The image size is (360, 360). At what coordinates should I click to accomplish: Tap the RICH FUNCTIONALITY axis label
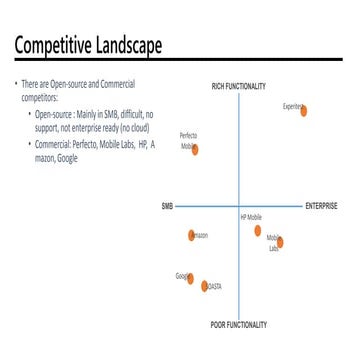[x=239, y=85]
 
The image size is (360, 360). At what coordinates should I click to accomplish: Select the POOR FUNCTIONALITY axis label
[x=239, y=325]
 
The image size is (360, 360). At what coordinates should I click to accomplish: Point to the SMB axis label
[x=167, y=207]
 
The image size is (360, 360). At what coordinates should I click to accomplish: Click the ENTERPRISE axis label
[x=321, y=207]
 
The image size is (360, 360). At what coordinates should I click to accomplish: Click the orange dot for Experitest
[x=303, y=111]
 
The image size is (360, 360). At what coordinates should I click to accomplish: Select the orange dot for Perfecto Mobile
[x=195, y=149]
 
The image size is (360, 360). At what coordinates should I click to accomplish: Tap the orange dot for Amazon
[x=191, y=236]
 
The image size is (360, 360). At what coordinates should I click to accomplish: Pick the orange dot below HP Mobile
[x=257, y=231]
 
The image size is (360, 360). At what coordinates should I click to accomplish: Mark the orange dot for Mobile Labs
[x=280, y=242]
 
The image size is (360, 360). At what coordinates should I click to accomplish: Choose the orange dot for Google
[x=189, y=278]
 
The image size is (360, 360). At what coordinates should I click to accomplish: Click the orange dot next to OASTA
[x=204, y=286]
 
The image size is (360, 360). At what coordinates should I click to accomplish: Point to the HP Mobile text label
[x=250, y=216]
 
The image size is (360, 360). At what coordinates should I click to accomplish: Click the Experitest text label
[x=291, y=104]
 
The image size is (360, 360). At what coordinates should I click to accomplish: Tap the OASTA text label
[x=214, y=286]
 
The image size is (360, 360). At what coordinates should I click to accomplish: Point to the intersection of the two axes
[x=239, y=207]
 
